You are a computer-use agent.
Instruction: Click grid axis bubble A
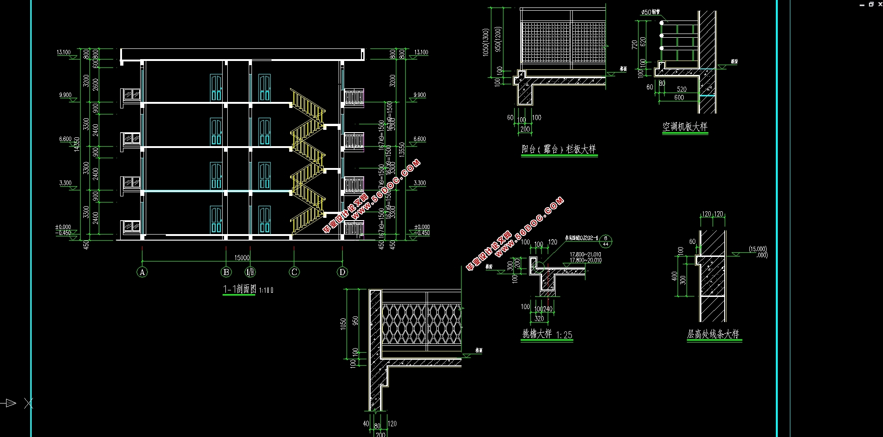142,272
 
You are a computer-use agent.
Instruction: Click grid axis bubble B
226,272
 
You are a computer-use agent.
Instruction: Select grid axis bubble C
294,272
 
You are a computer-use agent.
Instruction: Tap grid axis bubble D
342,272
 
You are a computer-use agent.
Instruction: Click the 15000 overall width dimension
242,257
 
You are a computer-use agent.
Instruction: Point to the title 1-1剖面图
239,289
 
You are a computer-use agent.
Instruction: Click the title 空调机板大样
685,127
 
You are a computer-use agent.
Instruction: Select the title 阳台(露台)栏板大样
558,149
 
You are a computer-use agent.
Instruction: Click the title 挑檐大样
537,334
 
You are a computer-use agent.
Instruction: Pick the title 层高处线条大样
713,334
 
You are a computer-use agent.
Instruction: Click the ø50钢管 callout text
650,12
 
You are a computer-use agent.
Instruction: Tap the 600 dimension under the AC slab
679,98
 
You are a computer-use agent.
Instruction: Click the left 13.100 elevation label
64,52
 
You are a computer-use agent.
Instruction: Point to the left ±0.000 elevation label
63,227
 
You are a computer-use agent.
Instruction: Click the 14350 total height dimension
77,144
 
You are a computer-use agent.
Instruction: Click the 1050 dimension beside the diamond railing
343,324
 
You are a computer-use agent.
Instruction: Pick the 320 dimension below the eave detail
539,319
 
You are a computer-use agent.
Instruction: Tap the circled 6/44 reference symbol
605,241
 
